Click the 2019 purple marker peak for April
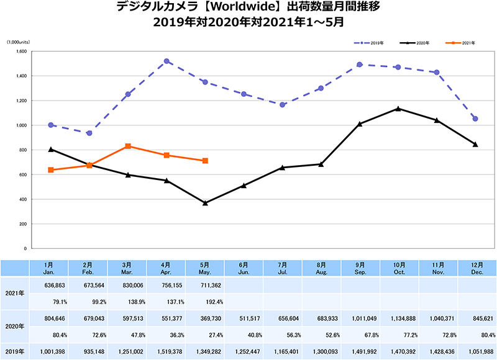[x=167, y=61]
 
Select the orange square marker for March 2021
[x=128, y=146]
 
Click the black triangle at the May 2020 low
[x=206, y=203]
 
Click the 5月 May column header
[x=206, y=268]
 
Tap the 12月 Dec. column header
[x=477, y=268]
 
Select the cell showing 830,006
[x=128, y=285]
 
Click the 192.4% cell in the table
[x=206, y=302]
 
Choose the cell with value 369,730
[x=206, y=318]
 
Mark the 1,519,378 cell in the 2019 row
[x=166, y=352]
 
